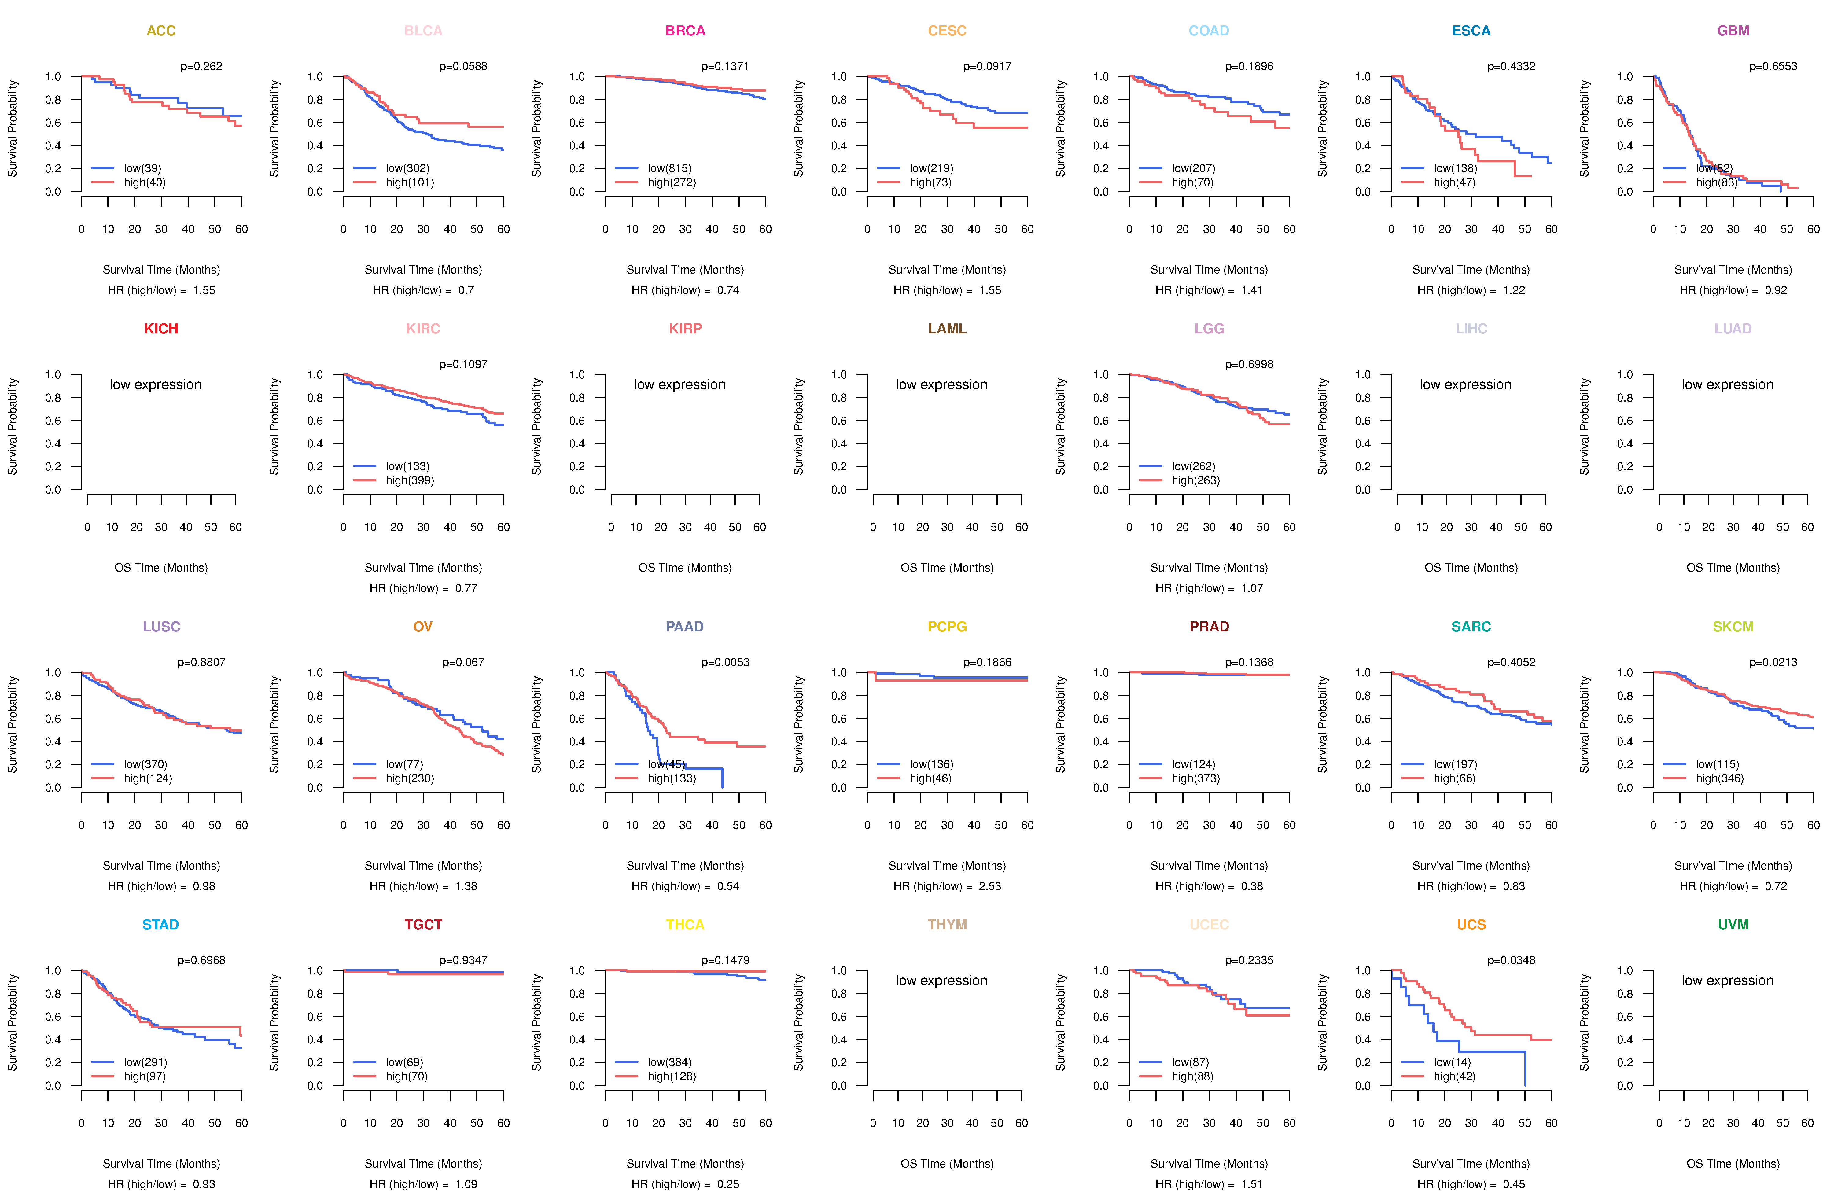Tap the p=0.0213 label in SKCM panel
(1772, 662)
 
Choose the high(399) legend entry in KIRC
(409, 480)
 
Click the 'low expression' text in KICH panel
(156, 384)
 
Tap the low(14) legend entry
(1452, 1062)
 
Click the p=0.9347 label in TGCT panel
(463, 960)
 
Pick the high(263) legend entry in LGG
(1195, 480)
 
